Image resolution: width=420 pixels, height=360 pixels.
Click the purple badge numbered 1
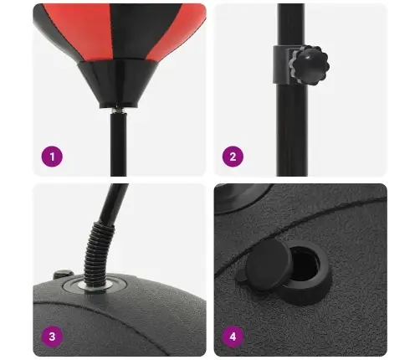pos(52,157)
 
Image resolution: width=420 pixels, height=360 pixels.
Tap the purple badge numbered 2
pos(233,157)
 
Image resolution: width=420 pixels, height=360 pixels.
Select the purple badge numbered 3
pos(52,337)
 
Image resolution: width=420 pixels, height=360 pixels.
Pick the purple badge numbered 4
pos(233,337)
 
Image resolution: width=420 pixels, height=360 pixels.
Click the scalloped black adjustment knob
pos(310,65)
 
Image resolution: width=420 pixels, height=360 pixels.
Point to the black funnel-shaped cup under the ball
pos(118,84)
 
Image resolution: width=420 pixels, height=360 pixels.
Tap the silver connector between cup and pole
pos(118,111)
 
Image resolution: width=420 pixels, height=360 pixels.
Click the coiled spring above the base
pos(99,251)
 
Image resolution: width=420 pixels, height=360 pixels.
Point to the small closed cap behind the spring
pos(64,274)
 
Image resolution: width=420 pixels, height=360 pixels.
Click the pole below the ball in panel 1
pos(118,145)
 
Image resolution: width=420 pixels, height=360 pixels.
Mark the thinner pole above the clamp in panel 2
pos(290,24)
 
